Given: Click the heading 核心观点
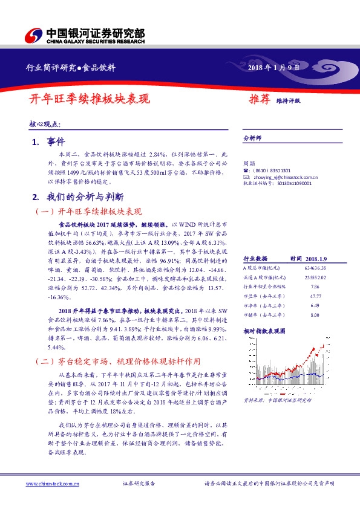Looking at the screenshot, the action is pos(45,123).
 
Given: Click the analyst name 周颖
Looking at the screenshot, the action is pos(248,164).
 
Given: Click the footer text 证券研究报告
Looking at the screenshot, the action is pos(139,484).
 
